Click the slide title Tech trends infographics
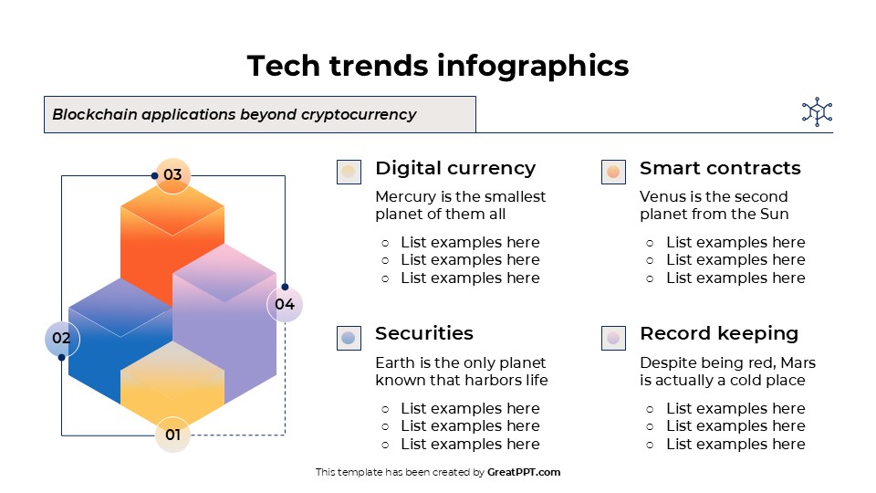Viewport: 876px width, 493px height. [438, 66]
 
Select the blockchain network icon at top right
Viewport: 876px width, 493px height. [817, 112]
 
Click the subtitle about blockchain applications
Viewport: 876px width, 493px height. [235, 115]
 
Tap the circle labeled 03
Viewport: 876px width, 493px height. [172, 175]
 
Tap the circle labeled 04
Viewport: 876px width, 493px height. [285, 304]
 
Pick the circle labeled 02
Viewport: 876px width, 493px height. [62, 339]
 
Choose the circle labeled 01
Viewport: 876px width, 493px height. [172, 435]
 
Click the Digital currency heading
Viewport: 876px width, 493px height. [455, 168]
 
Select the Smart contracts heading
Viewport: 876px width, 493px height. [720, 168]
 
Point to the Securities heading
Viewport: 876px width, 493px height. [423, 333]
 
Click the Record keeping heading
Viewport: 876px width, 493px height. [719, 333]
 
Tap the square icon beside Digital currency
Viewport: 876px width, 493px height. [349, 172]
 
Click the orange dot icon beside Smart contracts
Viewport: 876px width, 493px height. [613, 172]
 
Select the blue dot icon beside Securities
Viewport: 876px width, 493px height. [349, 338]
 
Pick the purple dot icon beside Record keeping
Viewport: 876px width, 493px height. [613, 338]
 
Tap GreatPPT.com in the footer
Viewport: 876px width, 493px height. [524, 472]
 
